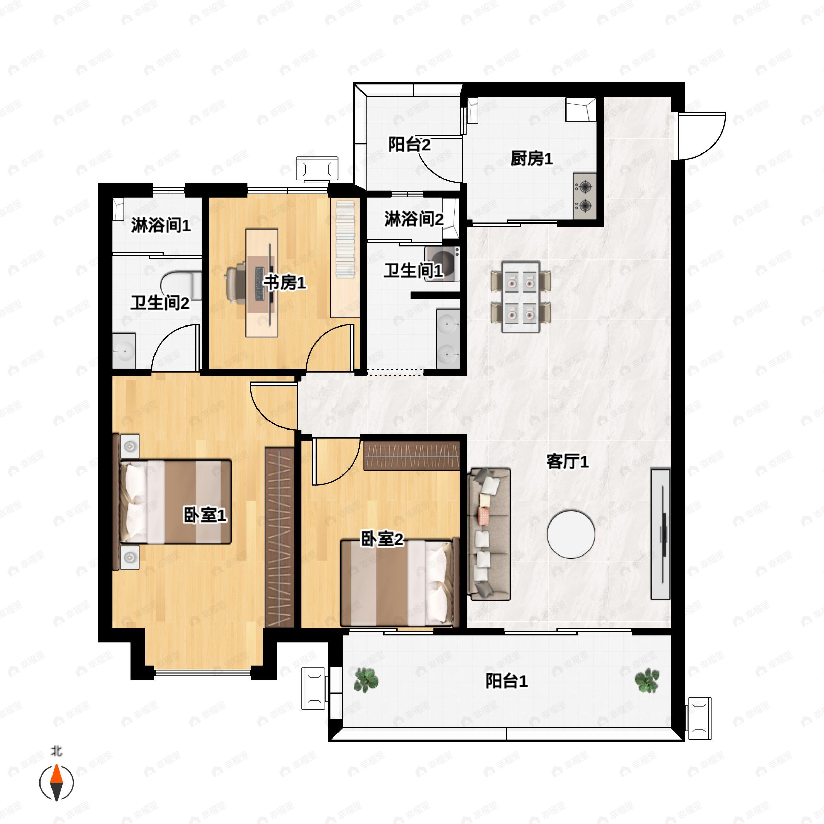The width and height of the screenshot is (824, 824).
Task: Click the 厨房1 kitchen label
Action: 531,159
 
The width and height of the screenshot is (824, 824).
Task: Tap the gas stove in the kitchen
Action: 584,196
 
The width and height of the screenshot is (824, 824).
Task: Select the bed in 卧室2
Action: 399,583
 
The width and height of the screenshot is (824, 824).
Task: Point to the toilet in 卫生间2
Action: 183,285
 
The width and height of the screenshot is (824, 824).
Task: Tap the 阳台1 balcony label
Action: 506,681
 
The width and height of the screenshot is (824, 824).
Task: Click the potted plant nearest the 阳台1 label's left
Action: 366,679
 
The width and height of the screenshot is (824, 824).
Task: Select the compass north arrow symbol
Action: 57,783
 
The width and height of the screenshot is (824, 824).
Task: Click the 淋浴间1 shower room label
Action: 160,225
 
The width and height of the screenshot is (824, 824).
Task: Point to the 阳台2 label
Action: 409,145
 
